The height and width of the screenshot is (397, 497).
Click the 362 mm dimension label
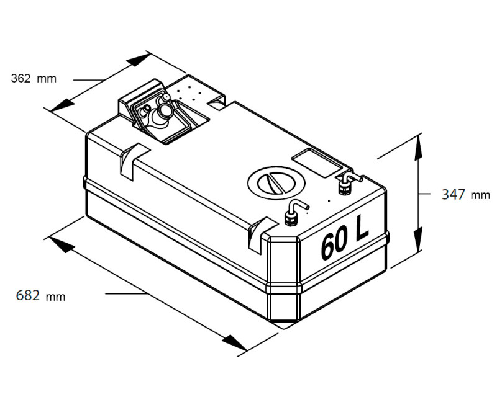click(x=34, y=78)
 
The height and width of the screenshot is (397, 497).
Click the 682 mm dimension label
click(x=40, y=296)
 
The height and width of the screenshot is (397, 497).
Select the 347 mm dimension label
click(x=466, y=194)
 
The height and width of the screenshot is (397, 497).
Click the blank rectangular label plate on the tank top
click(x=317, y=163)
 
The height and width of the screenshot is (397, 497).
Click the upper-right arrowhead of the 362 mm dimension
click(x=139, y=60)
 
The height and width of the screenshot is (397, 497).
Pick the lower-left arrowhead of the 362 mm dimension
click(x=61, y=105)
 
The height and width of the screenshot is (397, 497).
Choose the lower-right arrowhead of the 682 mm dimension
click(x=234, y=343)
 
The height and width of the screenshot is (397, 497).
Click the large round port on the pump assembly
click(x=165, y=110)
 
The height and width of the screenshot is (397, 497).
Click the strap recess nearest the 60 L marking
click(x=260, y=234)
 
